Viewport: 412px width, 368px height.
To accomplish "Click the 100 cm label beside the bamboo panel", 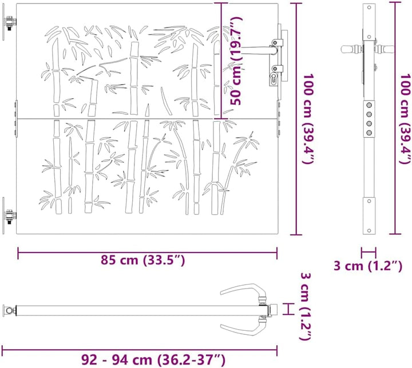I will tap(308, 118).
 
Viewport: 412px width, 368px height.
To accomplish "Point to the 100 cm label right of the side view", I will tap(406, 118).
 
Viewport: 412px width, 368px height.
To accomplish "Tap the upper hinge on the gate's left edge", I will tap(10, 25).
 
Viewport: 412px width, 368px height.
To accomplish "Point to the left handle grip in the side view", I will tap(350, 49).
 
